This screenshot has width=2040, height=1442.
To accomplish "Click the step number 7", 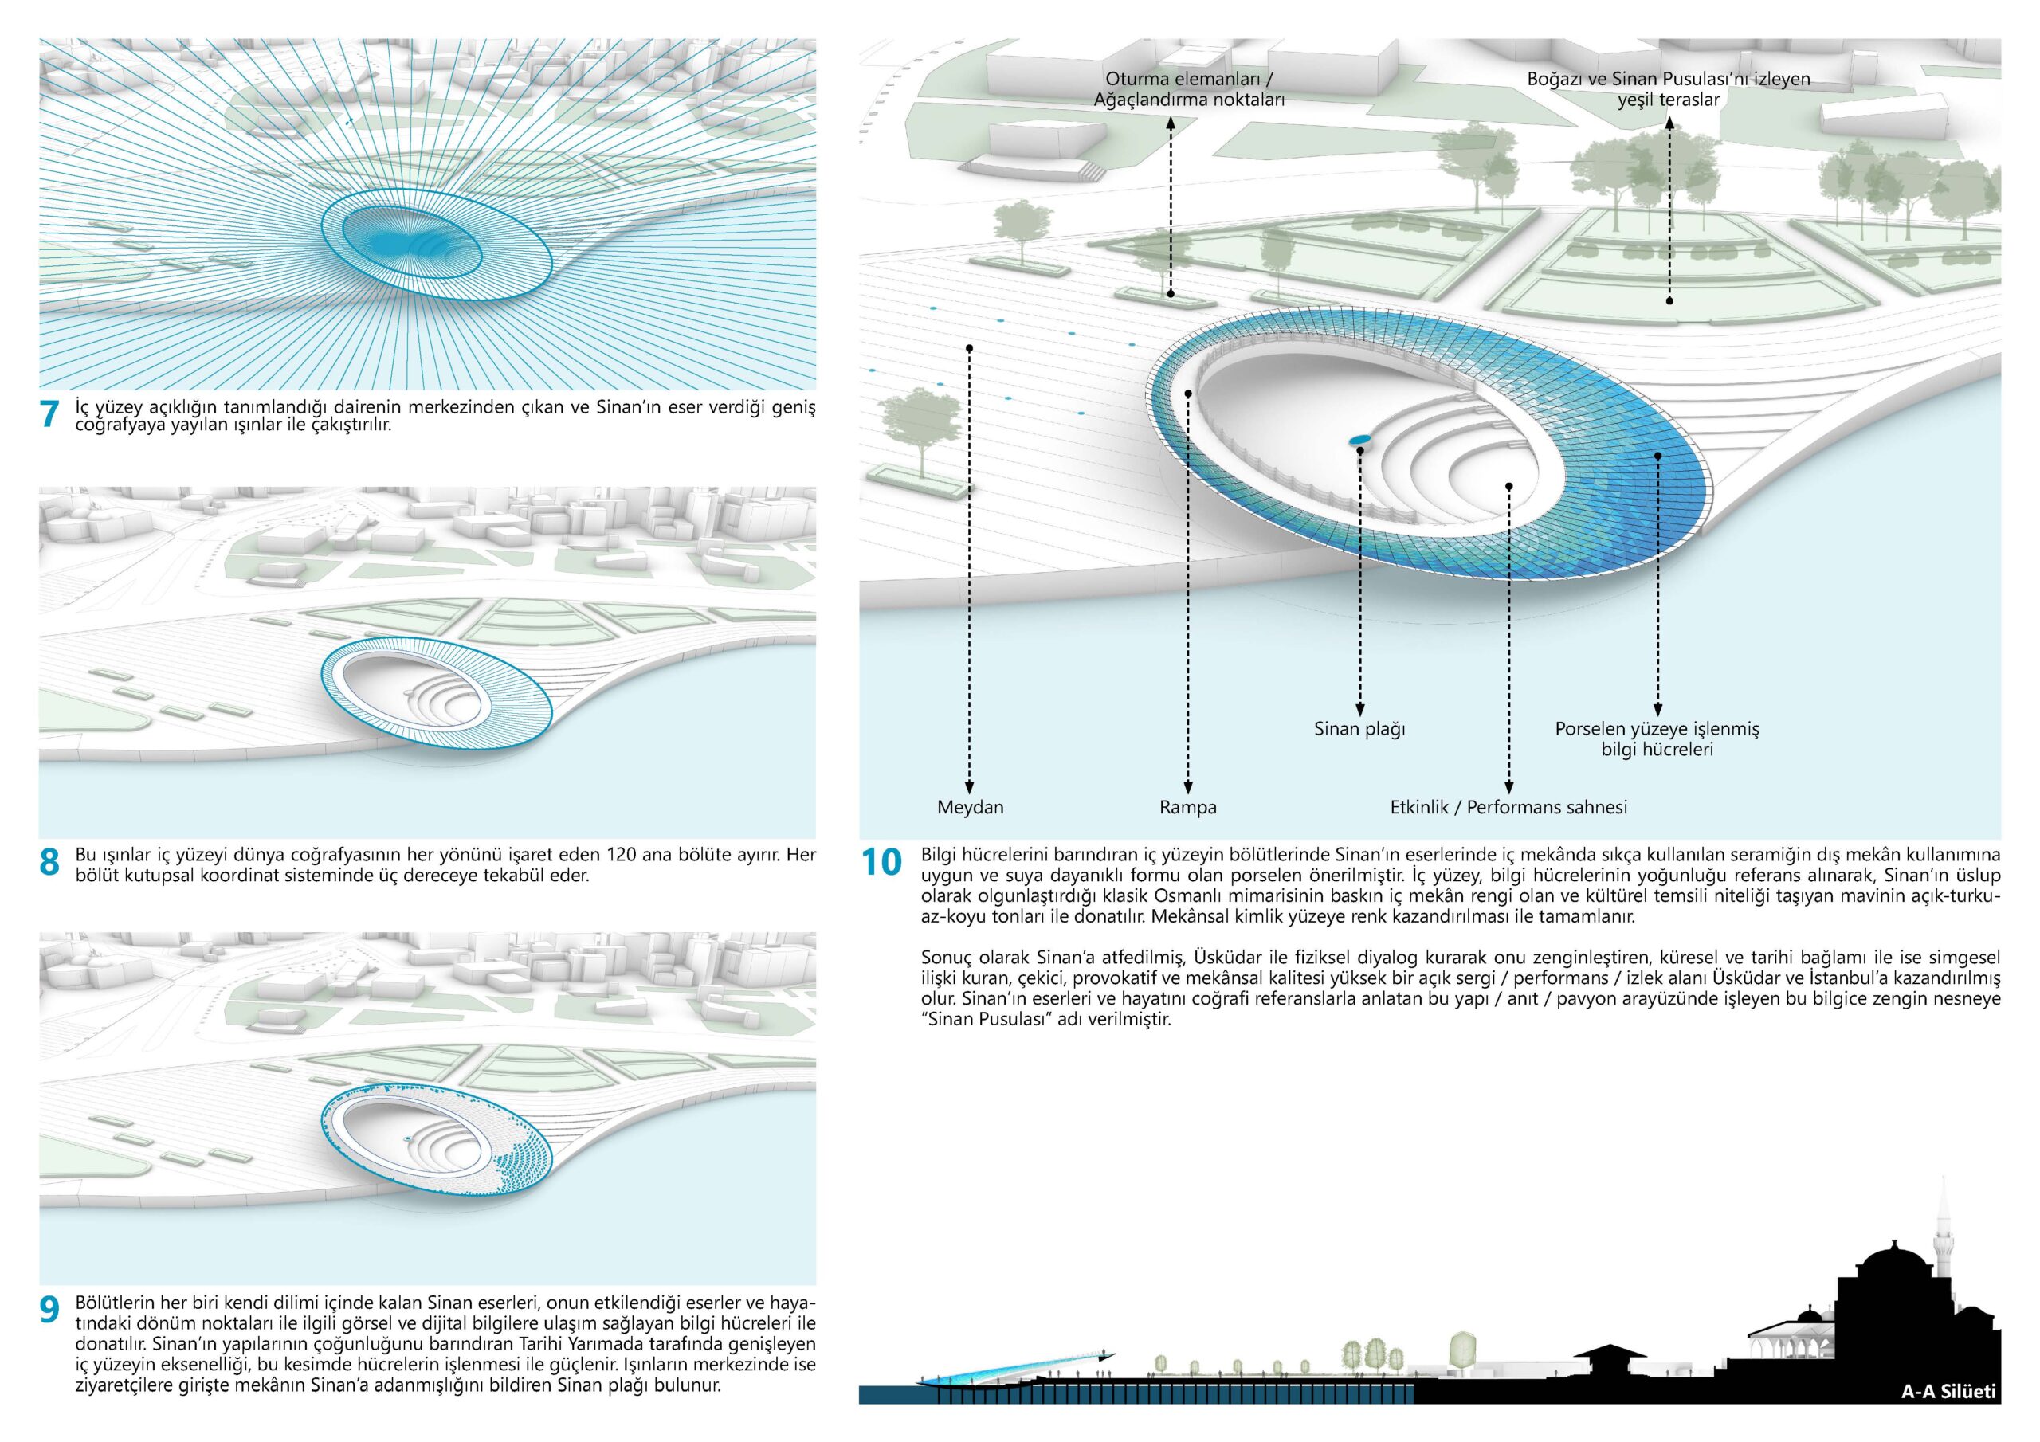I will (49, 414).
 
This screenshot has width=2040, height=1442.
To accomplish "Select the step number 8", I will (49, 862).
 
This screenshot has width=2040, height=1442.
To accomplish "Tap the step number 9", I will (49, 1310).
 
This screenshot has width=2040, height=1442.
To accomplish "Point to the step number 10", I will (881, 862).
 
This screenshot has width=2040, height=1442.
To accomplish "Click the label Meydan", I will (971, 808).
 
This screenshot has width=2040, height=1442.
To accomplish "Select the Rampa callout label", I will (1188, 808).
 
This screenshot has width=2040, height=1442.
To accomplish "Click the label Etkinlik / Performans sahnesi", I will (1508, 808).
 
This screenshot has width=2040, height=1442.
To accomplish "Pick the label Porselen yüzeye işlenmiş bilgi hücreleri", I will (1657, 739).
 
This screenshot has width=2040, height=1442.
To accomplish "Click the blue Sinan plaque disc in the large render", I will (1359, 439).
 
